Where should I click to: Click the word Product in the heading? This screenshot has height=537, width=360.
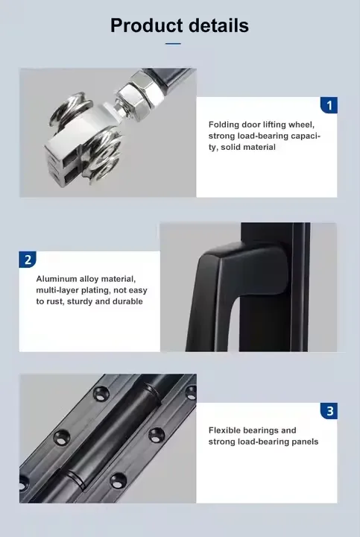point(147,26)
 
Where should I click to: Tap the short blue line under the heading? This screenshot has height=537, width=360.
point(173,44)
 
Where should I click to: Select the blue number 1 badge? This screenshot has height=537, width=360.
point(329,105)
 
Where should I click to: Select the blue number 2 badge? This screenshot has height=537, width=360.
point(28,260)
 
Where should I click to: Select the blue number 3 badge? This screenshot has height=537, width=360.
point(329,411)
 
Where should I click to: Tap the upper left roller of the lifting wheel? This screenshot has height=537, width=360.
point(70,108)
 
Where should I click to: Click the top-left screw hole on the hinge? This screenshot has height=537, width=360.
point(101,394)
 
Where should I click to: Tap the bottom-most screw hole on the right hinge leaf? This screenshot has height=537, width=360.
point(118,480)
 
